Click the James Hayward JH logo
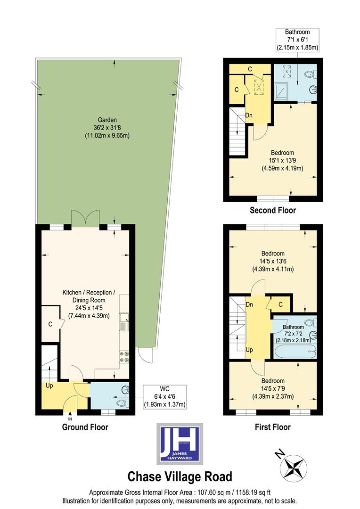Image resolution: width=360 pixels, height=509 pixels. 180,443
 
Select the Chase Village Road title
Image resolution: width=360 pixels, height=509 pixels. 180,476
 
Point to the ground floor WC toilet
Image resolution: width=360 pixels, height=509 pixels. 122,403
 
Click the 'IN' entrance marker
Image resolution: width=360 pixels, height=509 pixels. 70,419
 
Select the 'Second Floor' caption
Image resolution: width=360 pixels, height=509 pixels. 273,210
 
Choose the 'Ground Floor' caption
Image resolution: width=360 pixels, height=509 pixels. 85,427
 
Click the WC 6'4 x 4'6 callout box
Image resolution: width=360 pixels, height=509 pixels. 164,397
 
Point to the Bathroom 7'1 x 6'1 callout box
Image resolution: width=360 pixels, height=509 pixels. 297,40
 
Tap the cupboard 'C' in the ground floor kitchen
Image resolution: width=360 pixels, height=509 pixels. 49,324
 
